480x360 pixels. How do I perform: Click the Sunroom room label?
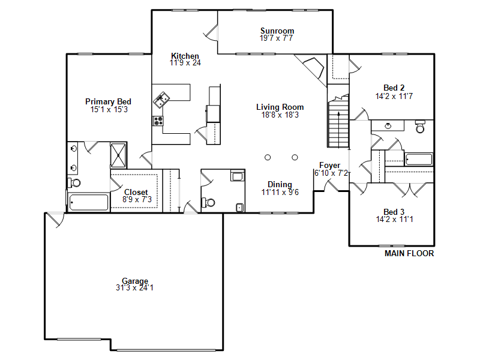277,31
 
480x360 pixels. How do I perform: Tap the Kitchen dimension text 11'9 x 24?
185,63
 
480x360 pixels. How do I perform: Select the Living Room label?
280,107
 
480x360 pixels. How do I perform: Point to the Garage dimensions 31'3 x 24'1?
134,288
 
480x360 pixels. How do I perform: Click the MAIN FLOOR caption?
409,253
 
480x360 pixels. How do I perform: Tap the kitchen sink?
161,100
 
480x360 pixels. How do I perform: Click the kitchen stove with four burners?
158,121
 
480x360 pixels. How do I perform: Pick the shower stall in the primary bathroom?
118,155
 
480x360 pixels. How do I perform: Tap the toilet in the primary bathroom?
74,183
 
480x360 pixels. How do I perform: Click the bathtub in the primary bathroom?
89,202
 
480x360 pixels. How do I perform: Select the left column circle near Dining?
268,157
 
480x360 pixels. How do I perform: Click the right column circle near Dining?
295,157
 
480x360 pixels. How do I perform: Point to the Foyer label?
329,166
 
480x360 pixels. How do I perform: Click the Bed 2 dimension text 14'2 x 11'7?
394,96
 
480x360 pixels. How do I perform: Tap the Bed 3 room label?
394,212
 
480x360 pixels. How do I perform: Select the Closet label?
136,192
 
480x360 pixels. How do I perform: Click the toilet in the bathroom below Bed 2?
421,127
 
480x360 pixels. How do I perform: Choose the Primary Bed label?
108,101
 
